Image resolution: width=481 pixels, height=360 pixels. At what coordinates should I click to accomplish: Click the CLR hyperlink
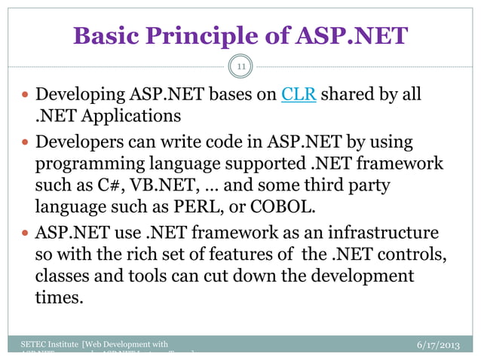click(x=298, y=96)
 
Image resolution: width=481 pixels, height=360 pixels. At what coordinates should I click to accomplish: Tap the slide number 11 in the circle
click(x=242, y=69)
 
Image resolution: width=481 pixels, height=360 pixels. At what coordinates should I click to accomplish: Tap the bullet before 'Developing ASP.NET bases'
click(x=26, y=96)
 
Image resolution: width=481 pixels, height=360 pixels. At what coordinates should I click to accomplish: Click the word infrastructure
click(x=393, y=232)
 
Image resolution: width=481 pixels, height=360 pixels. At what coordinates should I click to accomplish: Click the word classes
click(x=63, y=276)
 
